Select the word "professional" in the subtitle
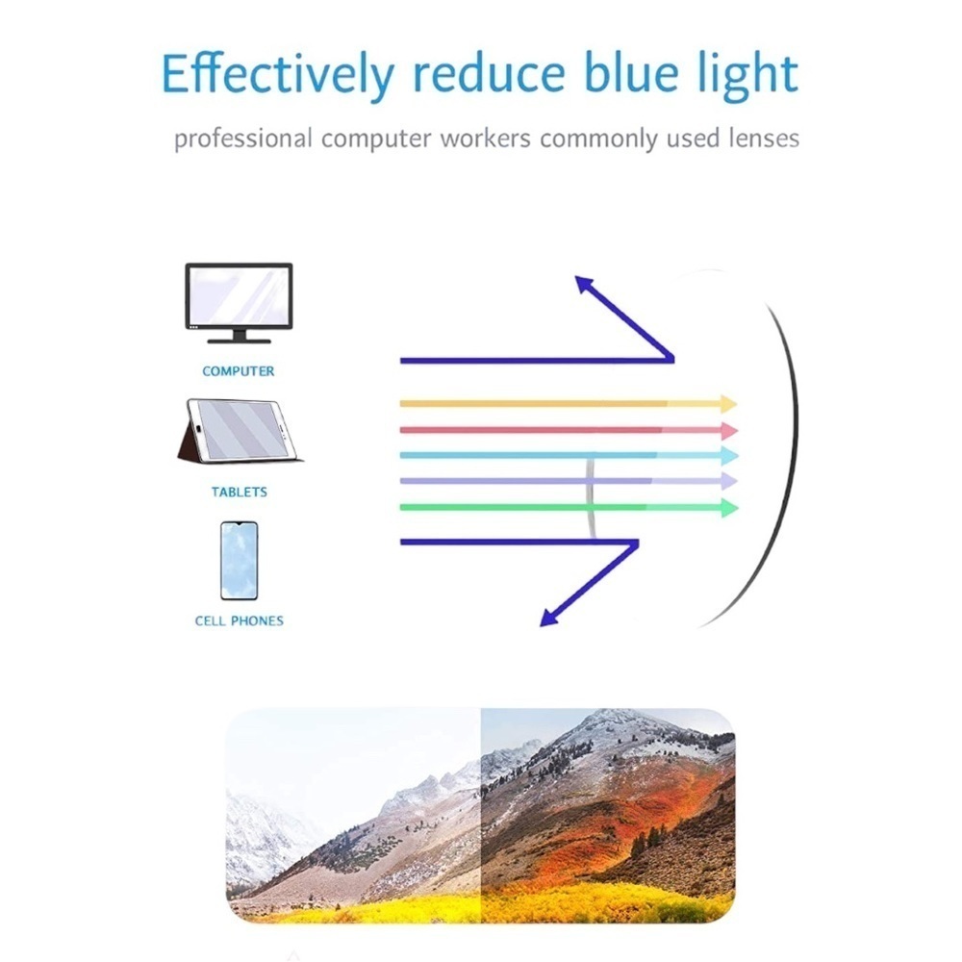pyautogui.click(x=243, y=139)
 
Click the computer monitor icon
pyautogui.click(x=239, y=302)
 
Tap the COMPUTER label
pyautogui.click(x=239, y=371)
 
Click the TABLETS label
pyautogui.click(x=240, y=493)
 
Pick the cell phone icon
pyautogui.click(x=239, y=562)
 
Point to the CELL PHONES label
pyautogui.click(x=240, y=621)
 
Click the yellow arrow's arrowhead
pyautogui.click(x=728, y=404)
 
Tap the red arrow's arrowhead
pyautogui.click(x=728, y=430)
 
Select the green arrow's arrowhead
pyautogui.click(x=728, y=507)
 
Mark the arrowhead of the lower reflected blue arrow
pyautogui.click(x=549, y=618)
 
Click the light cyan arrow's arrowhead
pyautogui.click(x=728, y=455)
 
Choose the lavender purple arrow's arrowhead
pyautogui.click(x=728, y=481)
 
